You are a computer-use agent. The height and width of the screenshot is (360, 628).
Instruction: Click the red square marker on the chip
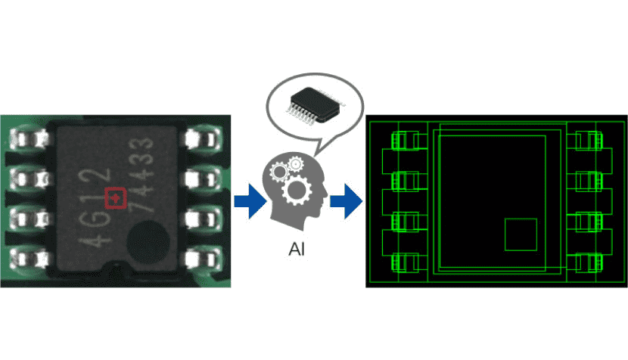[x=115, y=198]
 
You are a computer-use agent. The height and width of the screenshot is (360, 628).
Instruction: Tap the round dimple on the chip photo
[x=148, y=242]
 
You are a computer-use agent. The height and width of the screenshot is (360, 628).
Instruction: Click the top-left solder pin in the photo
[x=29, y=139]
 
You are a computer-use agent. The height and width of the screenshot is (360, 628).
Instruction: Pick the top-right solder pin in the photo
[x=203, y=139]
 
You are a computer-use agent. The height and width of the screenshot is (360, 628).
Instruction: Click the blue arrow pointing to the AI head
[x=250, y=201]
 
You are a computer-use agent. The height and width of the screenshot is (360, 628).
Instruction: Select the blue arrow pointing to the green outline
[x=347, y=201]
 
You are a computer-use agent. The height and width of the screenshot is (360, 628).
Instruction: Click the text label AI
[x=297, y=250]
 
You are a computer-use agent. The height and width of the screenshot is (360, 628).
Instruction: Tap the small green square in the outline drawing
[x=521, y=234]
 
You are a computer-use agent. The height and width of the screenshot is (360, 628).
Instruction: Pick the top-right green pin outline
[x=585, y=141]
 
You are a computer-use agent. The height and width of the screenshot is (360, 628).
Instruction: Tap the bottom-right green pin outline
[x=585, y=262]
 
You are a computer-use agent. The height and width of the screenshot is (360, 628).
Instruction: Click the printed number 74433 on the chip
[x=141, y=175]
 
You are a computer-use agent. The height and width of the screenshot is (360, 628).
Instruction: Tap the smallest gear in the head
[x=296, y=164]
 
